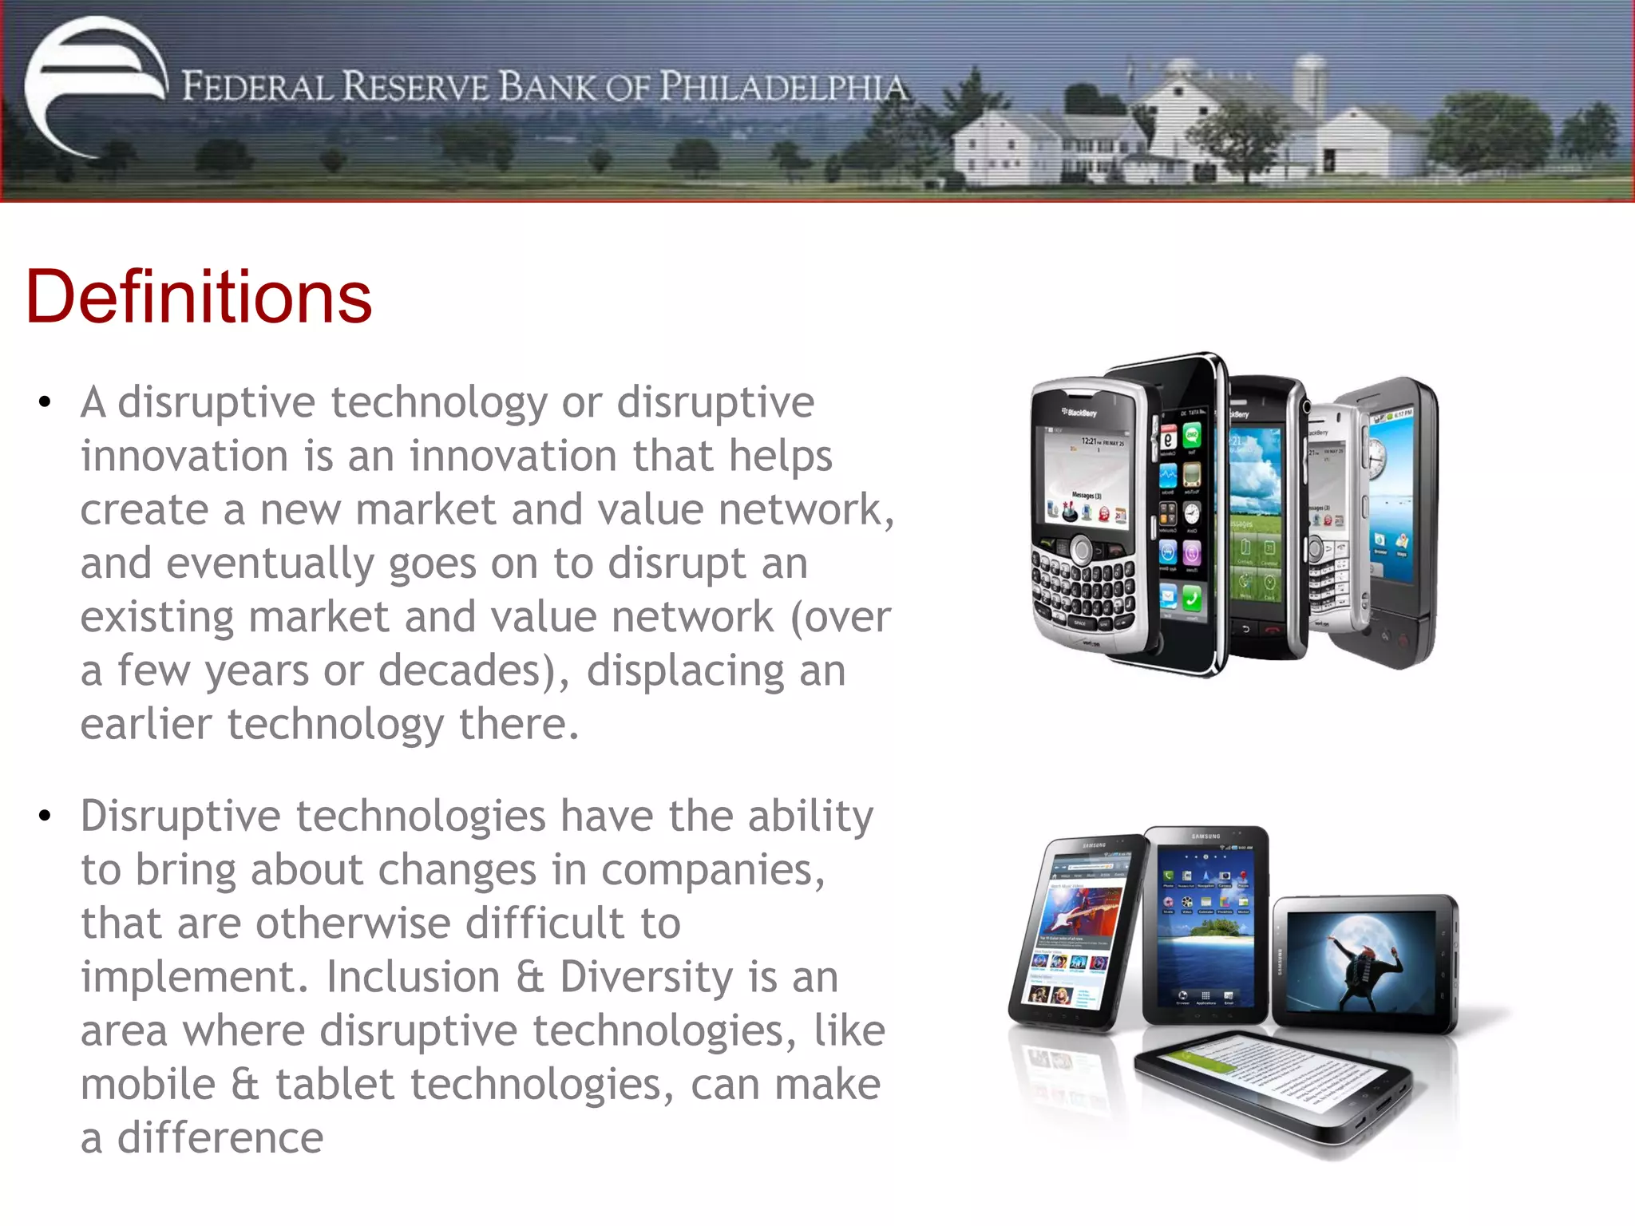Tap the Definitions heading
tap(199, 297)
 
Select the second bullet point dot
tap(45, 816)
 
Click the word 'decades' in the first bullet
tap(461, 670)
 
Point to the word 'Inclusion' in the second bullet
tap(413, 977)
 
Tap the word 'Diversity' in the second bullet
tap(646, 977)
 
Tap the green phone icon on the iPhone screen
tap(1191, 596)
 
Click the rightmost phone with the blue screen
tap(1393, 519)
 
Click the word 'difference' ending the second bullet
tap(220, 1138)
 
